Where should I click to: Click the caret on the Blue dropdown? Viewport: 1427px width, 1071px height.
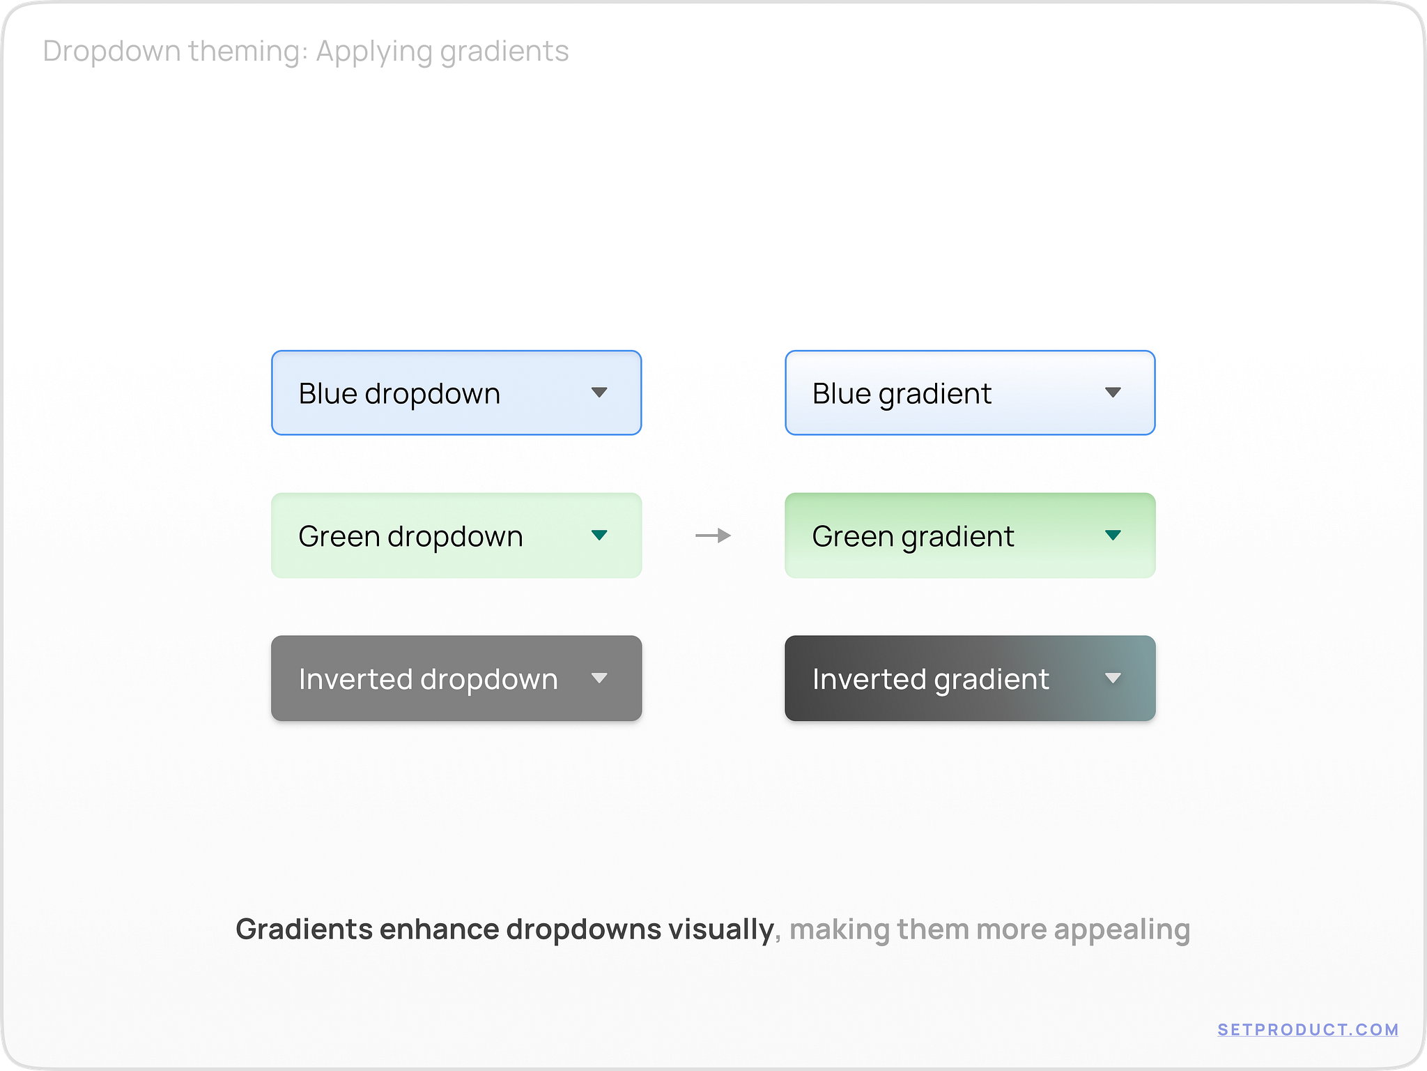click(x=599, y=393)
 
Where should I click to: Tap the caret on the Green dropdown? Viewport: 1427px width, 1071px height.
click(x=599, y=535)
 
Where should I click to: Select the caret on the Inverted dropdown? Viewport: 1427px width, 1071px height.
click(x=599, y=678)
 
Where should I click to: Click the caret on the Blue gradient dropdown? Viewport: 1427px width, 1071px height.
click(x=1113, y=393)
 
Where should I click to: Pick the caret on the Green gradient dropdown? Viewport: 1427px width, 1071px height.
click(x=1113, y=535)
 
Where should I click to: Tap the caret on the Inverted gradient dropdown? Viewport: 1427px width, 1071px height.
click(x=1113, y=678)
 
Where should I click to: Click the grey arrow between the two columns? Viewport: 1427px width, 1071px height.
click(x=713, y=535)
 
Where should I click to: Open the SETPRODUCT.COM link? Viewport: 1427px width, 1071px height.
click(x=1308, y=1030)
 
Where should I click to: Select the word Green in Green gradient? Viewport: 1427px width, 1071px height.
click(x=852, y=536)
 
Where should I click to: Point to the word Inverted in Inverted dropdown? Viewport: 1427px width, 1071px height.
click(x=355, y=679)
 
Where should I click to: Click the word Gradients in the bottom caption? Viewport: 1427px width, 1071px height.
click(x=304, y=929)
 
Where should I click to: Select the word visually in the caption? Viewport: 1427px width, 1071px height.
click(x=720, y=929)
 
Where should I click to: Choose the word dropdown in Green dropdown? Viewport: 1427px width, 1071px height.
click(x=455, y=537)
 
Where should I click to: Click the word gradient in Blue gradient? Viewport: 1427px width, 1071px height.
click(x=935, y=395)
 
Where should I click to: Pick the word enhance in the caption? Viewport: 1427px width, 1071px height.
click(x=439, y=929)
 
